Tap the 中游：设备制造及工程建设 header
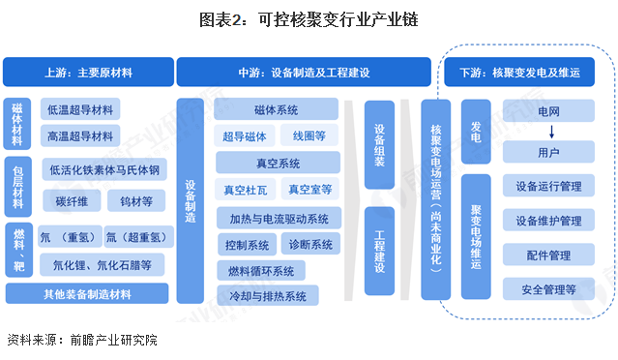pyautogui.click(x=304, y=73)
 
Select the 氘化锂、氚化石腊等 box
pyautogui.click(x=101, y=263)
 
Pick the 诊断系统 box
pyautogui.click(x=310, y=243)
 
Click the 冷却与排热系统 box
pyautogui.click(x=276, y=295)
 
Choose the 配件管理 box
pyautogui.click(x=548, y=255)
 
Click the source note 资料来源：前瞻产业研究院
pyautogui.click(x=81, y=340)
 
